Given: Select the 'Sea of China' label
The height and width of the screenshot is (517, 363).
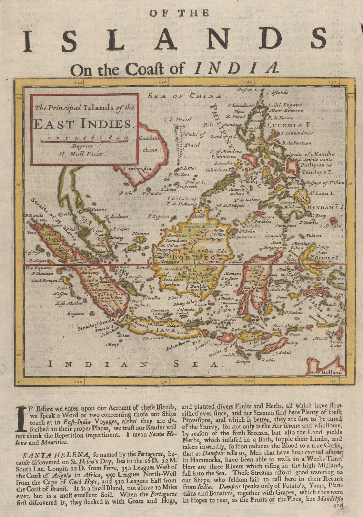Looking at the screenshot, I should (x=185, y=96).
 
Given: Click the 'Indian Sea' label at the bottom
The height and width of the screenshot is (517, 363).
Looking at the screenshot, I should (x=132, y=364).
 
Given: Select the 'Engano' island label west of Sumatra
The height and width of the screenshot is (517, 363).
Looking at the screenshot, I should (x=76, y=313).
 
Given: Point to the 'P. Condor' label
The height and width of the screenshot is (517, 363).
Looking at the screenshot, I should (x=149, y=194).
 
